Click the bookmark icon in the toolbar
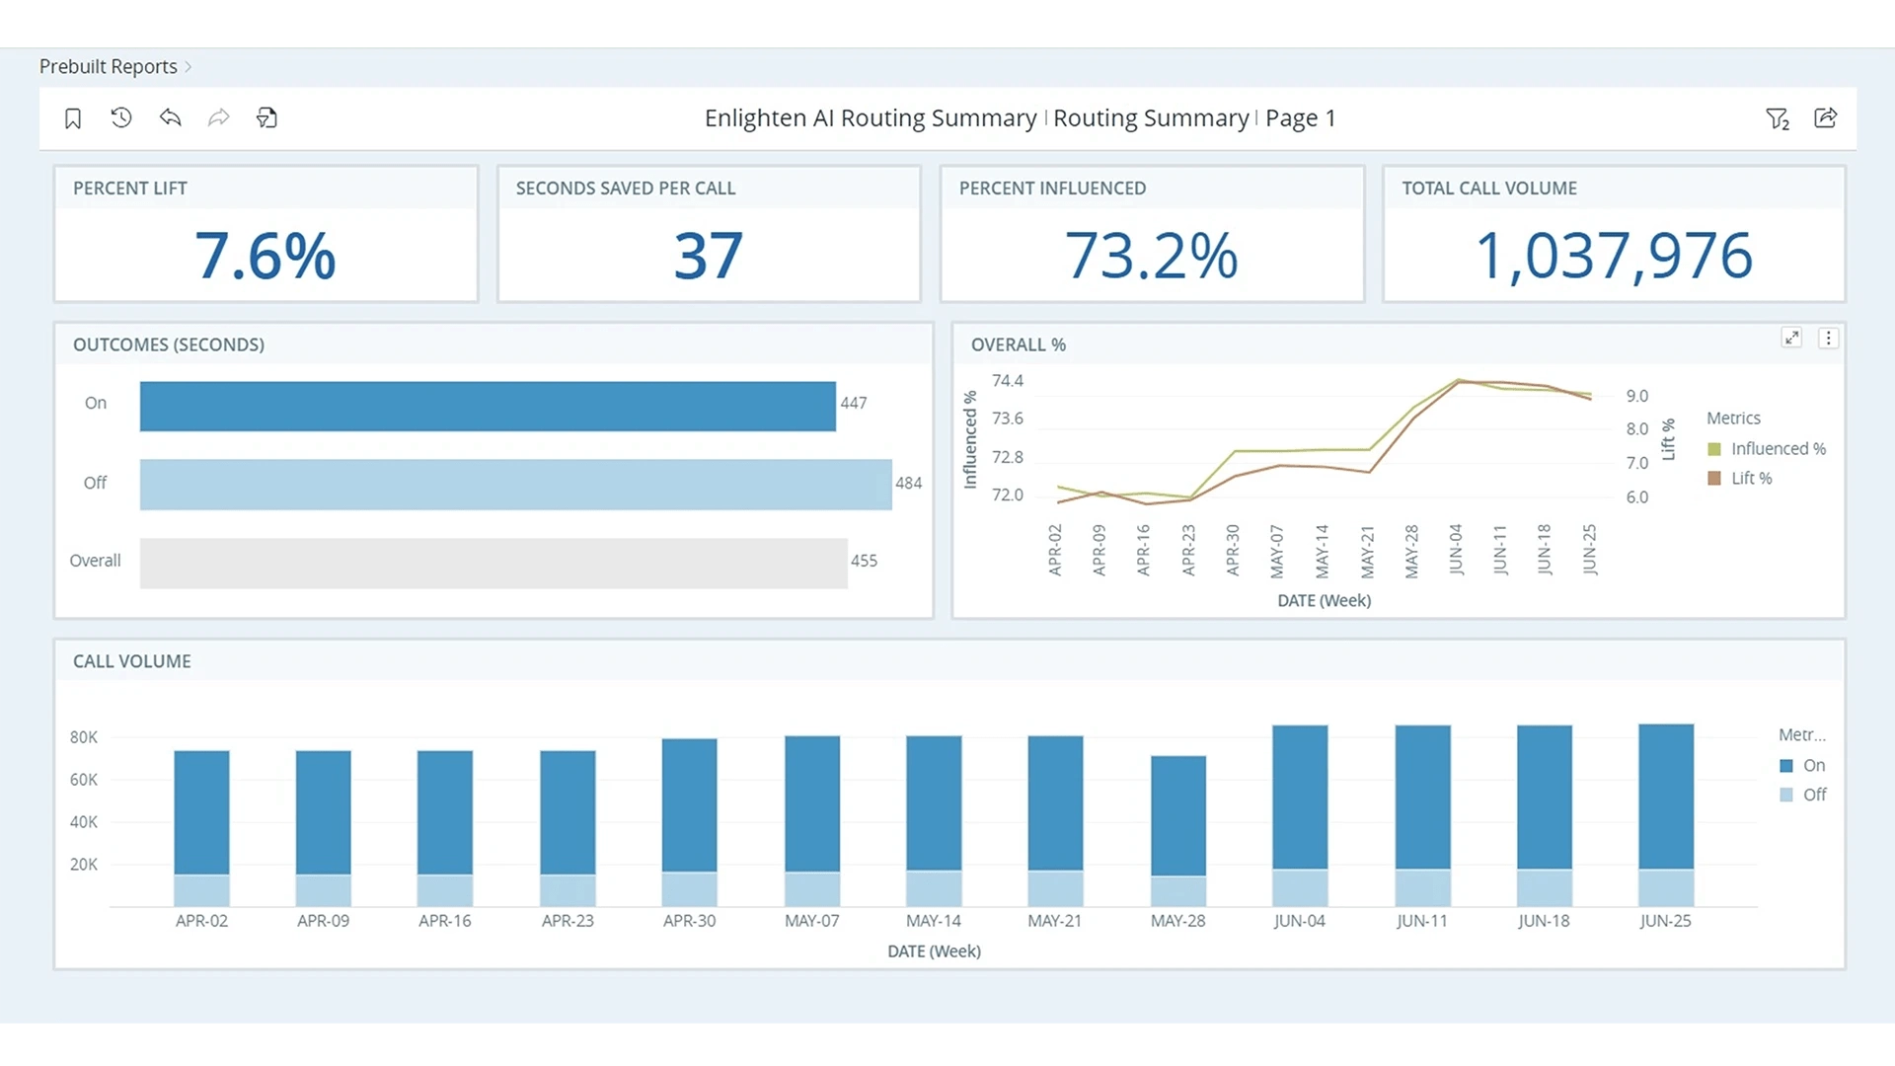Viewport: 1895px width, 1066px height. tap(73, 118)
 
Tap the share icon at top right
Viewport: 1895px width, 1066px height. tap(1825, 118)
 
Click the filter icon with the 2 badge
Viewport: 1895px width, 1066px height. tap(1777, 118)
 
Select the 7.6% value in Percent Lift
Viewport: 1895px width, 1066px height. tap(265, 256)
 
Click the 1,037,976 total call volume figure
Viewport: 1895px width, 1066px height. tap(1614, 256)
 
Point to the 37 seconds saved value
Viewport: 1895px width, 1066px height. tap(708, 256)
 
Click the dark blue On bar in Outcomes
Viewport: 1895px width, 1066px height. tap(488, 406)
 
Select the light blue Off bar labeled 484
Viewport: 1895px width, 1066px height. tap(515, 484)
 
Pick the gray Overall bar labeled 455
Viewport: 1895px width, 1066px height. tap(493, 563)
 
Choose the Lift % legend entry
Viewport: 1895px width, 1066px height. tap(1751, 479)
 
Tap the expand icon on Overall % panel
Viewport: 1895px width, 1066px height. tap(1791, 338)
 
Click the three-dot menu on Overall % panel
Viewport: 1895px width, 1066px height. tap(1828, 338)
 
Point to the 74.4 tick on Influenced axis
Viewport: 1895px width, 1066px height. tap(1007, 381)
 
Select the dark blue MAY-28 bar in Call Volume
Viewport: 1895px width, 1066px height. tap(1177, 814)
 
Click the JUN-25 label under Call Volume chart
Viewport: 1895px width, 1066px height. tap(1665, 921)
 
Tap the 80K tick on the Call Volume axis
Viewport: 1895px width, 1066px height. tap(84, 737)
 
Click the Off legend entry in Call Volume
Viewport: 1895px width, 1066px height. tap(1813, 795)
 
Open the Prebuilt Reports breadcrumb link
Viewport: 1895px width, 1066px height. tap(109, 66)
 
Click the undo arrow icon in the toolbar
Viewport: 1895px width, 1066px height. tap(170, 118)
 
